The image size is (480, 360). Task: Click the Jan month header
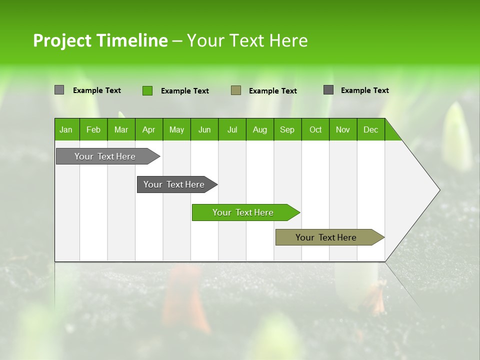point(66,129)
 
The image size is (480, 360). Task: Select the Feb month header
point(93,129)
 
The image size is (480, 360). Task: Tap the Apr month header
point(149,129)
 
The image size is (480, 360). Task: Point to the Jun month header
point(204,129)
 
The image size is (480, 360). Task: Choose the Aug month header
point(260,129)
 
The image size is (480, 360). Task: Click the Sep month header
point(287,129)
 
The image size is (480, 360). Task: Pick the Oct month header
point(315,129)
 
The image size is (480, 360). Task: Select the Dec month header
point(371,129)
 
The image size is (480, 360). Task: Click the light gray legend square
point(59,90)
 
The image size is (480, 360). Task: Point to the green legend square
point(147,90)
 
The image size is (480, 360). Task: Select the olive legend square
point(236,90)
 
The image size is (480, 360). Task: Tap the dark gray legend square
point(328,90)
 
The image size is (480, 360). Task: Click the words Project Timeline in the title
point(100,40)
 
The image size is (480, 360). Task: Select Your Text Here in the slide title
point(247,40)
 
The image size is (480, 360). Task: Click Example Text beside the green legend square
point(184,91)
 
